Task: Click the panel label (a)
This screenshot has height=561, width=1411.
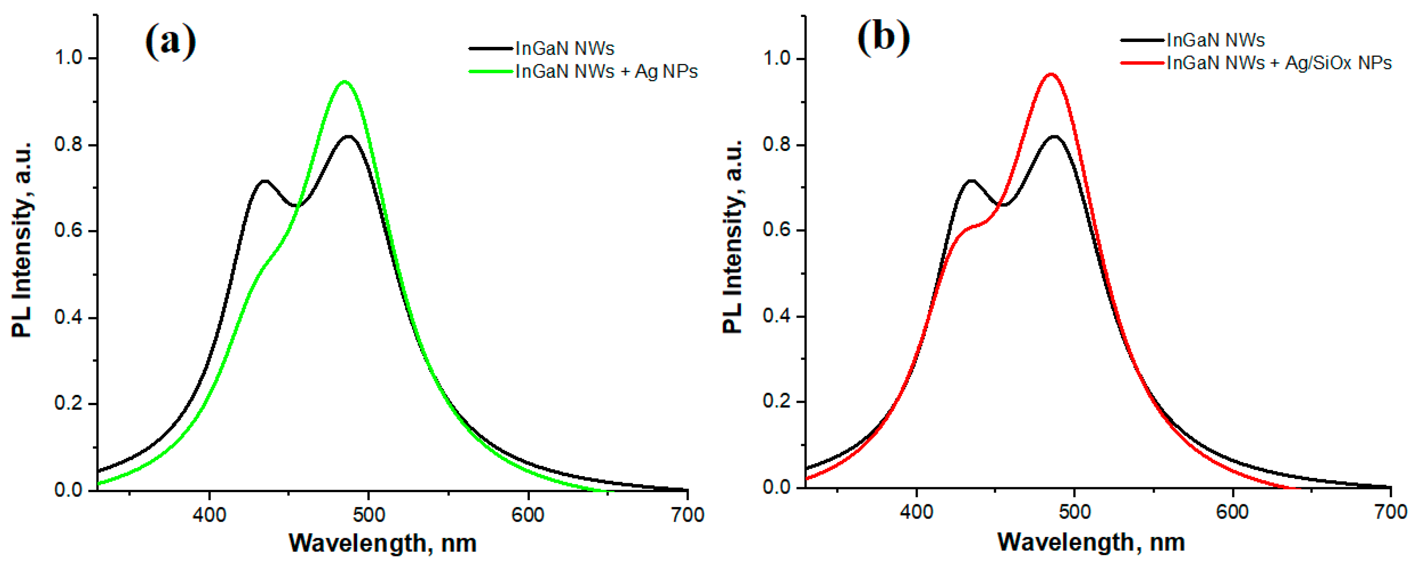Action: coord(171,41)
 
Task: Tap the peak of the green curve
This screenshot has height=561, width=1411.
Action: coord(344,82)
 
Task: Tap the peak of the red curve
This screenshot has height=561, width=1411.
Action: coord(1051,74)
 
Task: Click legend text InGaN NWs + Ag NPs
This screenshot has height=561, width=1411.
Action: coord(606,72)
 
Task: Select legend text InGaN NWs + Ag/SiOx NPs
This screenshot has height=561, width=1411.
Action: coord(1278,63)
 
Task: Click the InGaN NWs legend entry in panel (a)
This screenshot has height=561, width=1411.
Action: coord(565,49)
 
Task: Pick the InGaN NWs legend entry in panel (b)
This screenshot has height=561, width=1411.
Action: coord(1215,40)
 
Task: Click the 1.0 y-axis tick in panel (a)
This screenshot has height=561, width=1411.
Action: coord(68,58)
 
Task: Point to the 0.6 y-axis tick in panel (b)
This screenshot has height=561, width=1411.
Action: coord(776,230)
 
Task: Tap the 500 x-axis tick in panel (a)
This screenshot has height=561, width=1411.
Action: coord(369,515)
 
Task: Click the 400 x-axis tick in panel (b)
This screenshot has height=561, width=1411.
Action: coord(916,512)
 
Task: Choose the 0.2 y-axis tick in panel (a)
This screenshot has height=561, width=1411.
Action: coord(68,404)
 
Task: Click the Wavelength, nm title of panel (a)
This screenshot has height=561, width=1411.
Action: coord(383,543)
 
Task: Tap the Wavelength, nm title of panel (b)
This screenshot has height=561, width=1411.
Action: coord(1091,542)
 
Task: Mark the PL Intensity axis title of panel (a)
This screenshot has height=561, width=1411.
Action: coord(22,240)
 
